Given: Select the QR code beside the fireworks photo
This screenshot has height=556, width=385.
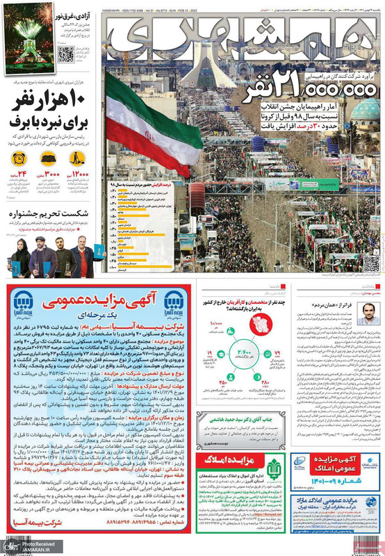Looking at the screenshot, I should pyautogui.click(x=67, y=54).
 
